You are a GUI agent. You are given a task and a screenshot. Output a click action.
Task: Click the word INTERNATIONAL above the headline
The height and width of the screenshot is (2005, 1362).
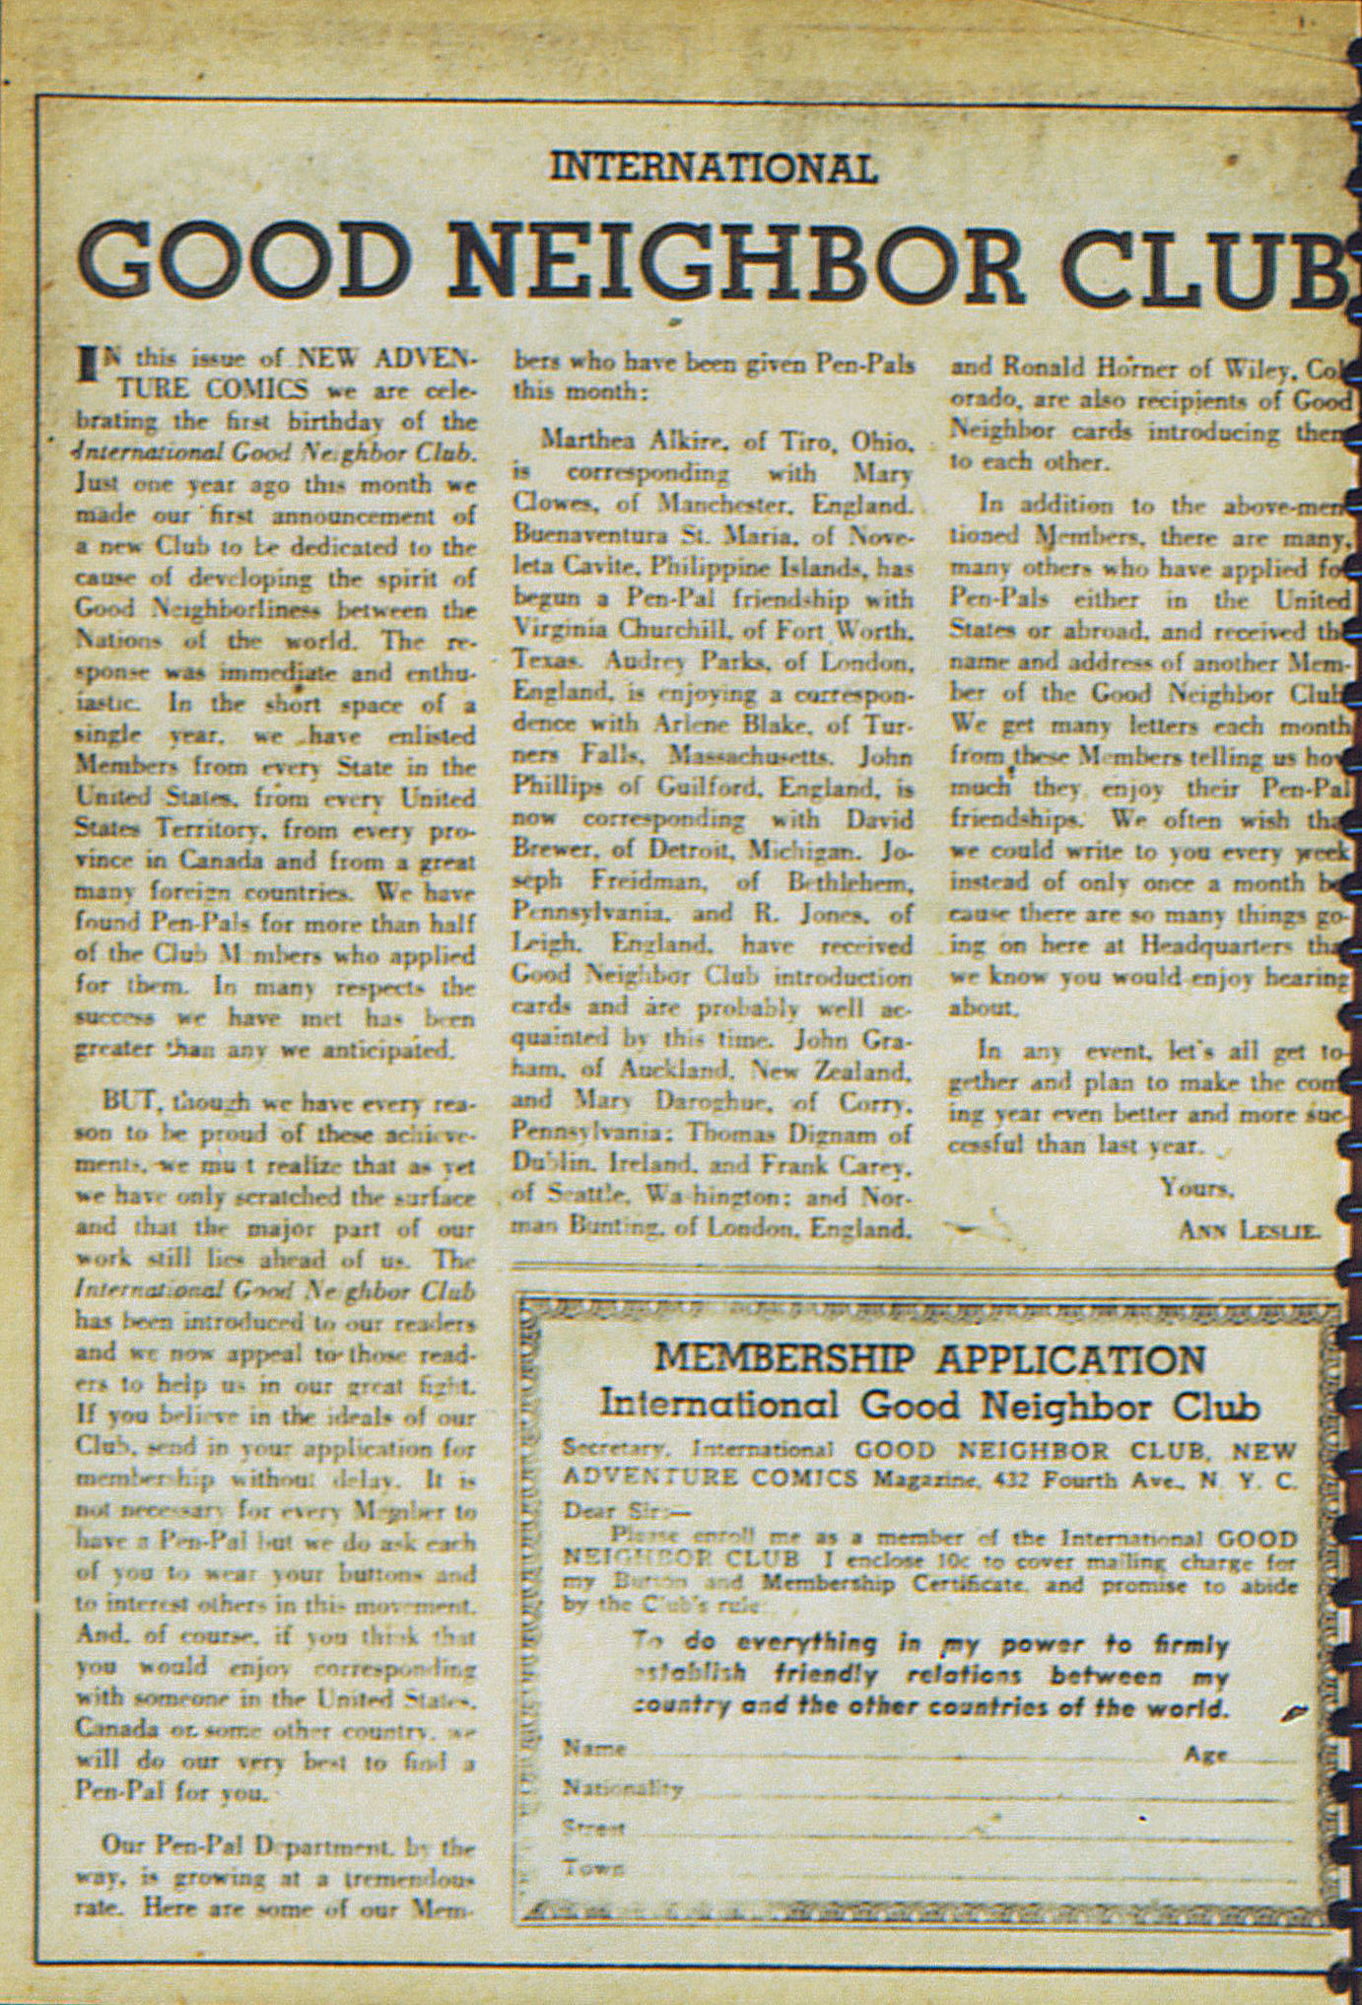[x=713, y=168]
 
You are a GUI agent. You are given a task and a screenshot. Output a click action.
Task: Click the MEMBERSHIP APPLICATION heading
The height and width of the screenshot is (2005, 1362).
[x=929, y=1359]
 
